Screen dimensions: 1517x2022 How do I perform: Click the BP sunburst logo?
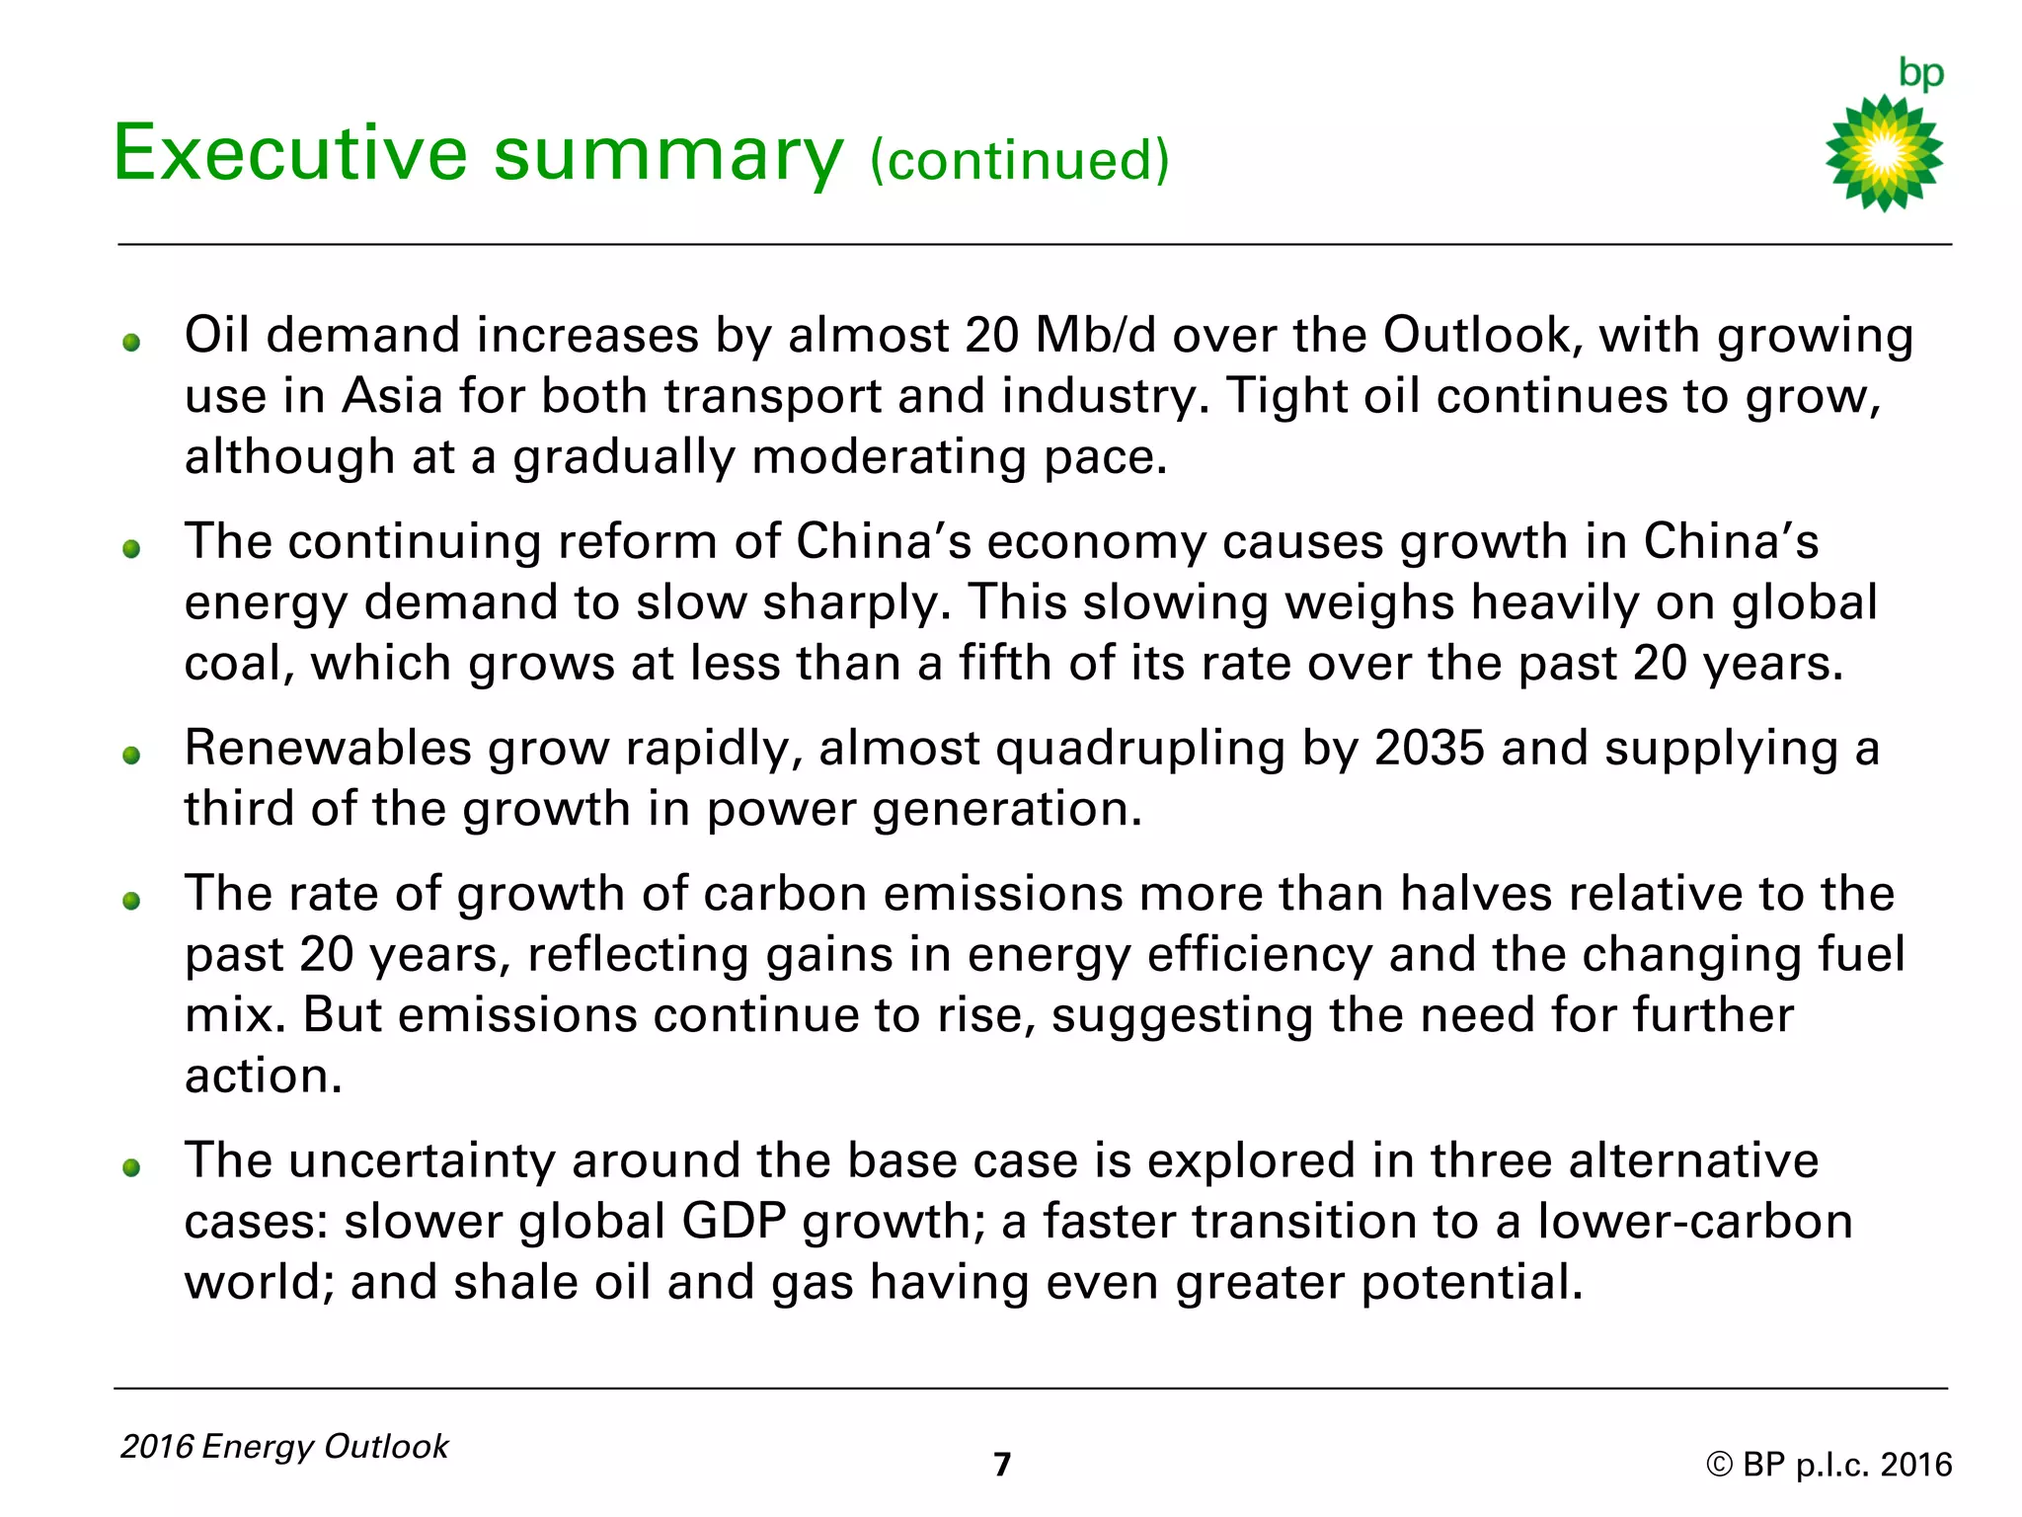pyautogui.click(x=1884, y=153)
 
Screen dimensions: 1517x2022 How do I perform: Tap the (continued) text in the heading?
pyautogui.click(x=1020, y=160)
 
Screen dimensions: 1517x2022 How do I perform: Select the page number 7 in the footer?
pyautogui.click(x=1002, y=1464)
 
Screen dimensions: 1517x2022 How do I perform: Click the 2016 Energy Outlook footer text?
pyautogui.click(x=284, y=1446)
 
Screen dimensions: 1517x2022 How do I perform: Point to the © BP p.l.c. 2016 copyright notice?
pyautogui.click(x=1828, y=1464)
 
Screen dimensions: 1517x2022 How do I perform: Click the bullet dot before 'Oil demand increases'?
pyautogui.click(x=131, y=343)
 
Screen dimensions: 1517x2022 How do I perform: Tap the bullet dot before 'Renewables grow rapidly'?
pyautogui.click(x=131, y=756)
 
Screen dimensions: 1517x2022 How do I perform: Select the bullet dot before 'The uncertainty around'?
pyautogui.click(x=131, y=1168)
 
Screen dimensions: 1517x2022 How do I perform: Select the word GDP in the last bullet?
pyautogui.click(x=734, y=1221)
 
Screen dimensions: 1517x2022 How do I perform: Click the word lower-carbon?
pyautogui.click(x=1694, y=1221)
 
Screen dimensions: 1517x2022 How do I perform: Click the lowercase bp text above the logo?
pyautogui.click(x=1921, y=73)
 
